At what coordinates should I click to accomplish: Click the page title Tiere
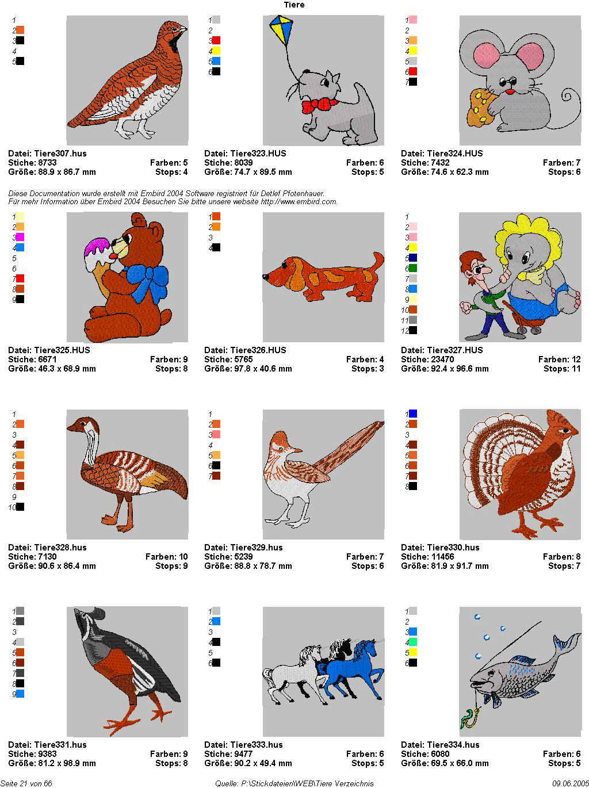click(294, 5)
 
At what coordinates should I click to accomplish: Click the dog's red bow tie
click(319, 106)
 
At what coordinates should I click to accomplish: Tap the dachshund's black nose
click(266, 277)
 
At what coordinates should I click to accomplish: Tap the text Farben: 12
click(559, 359)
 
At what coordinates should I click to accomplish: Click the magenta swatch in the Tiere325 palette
click(20, 237)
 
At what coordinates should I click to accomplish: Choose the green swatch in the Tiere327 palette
click(413, 268)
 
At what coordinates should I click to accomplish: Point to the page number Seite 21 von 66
click(26, 783)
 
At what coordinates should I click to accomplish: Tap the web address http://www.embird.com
click(299, 202)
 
